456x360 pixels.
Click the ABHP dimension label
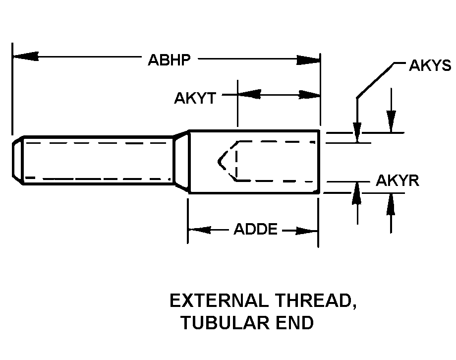(x=169, y=60)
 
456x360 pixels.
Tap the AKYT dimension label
(x=195, y=98)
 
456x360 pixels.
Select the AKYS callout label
(x=430, y=65)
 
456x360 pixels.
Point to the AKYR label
(x=398, y=180)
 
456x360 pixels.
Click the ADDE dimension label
(x=256, y=229)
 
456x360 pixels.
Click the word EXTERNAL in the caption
(x=219, y=300)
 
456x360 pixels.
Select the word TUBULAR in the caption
(x=226, y=322)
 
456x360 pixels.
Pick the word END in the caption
(x=295, y=322)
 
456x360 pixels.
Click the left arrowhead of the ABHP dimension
(x=26, y=56)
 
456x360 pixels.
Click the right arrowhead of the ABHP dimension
(x=308, y=60)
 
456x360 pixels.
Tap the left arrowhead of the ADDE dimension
(x=199, y=230)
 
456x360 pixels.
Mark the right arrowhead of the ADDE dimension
(x=306, y=231)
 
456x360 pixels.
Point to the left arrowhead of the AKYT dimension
(x=249, y=94)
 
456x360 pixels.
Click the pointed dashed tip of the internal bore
(x=219, y=161)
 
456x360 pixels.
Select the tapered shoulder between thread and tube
(x=181, y=161)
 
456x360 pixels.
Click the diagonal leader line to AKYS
(x=376, y=80)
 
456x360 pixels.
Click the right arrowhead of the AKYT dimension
(x=309, y=95)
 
